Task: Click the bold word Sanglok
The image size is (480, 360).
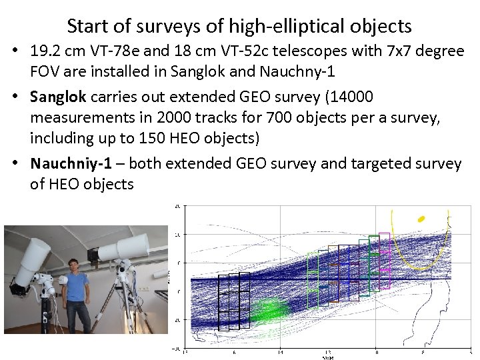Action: [58, 97]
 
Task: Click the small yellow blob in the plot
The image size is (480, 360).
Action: [421, 218]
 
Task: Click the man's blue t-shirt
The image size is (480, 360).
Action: [77, 291]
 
